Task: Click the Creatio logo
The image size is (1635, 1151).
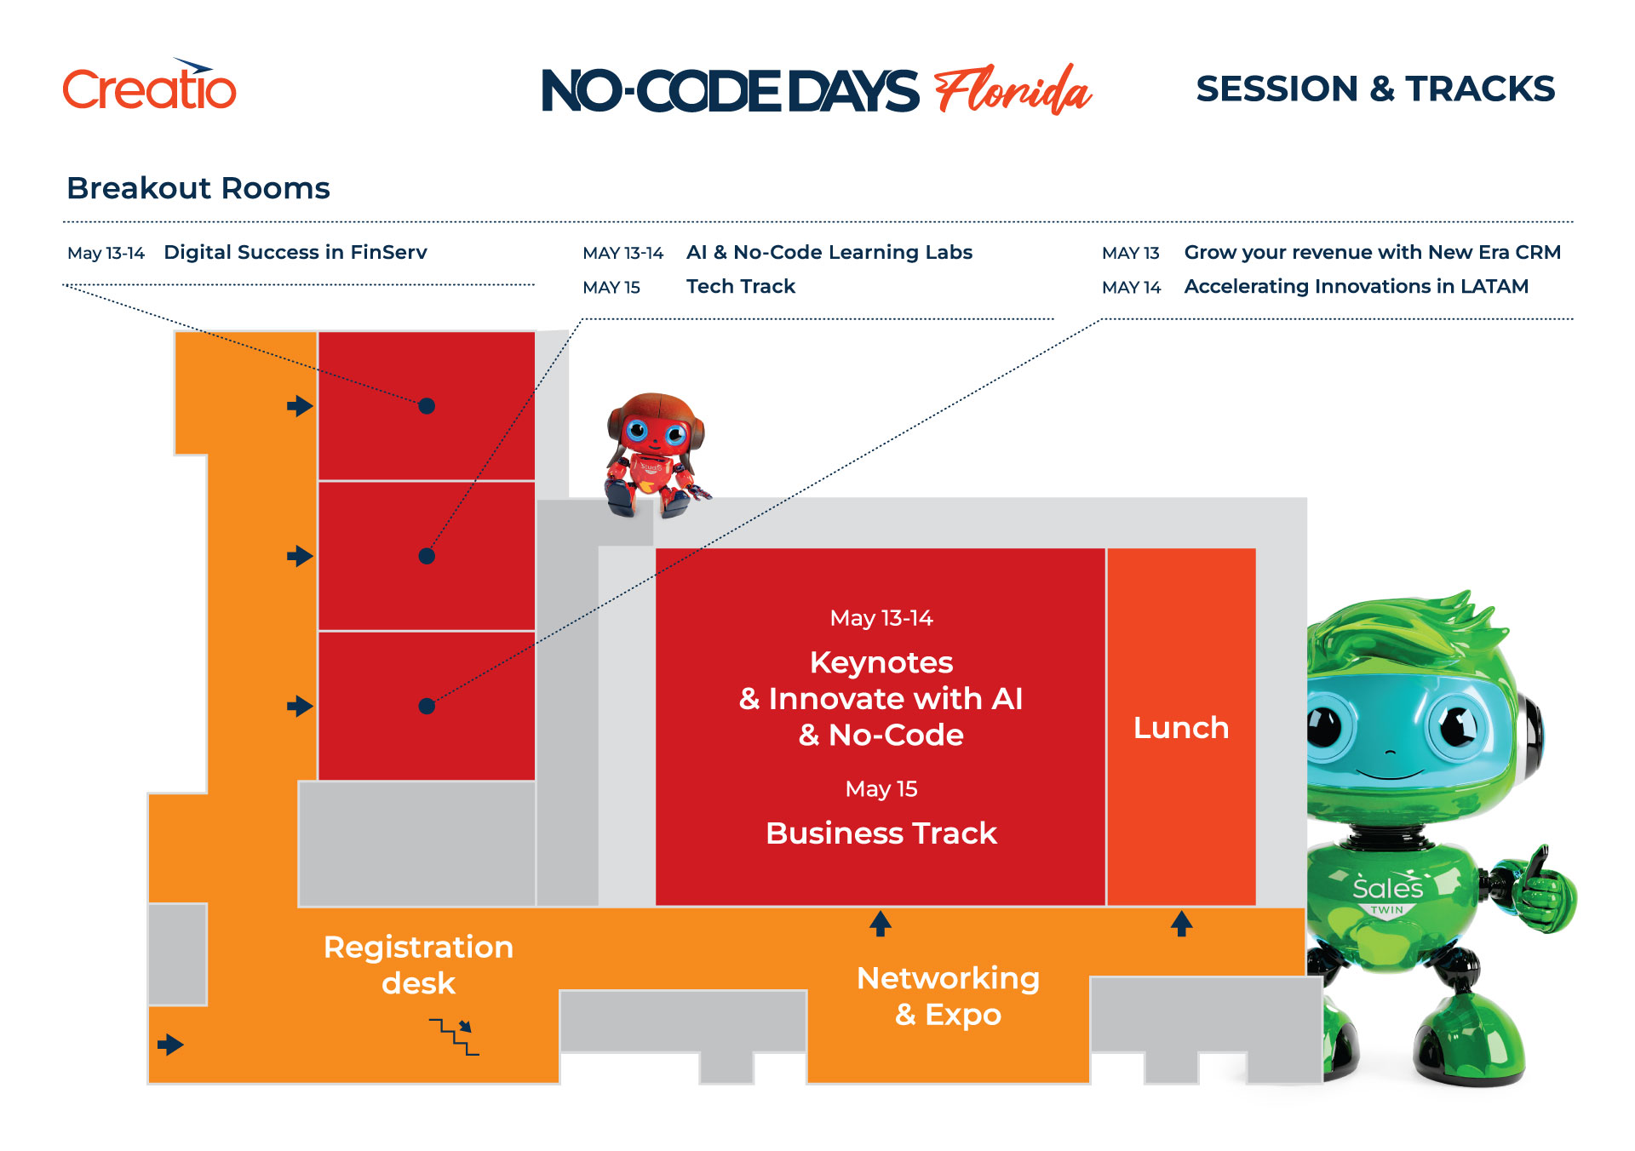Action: point(150,85)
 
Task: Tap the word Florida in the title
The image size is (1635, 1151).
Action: point(1013,89)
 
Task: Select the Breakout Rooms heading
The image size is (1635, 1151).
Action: point(198,188)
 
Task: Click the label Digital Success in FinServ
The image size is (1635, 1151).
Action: point(295,252)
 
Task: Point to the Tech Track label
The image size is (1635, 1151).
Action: point(741,286)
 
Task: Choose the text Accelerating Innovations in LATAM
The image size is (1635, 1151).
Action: point(1356,287)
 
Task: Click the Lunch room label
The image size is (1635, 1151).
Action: point(1181,728)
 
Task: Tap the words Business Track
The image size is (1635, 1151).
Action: point(881,833)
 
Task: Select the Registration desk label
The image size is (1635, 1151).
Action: point(418,965)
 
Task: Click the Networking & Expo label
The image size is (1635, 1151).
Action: point(948,996)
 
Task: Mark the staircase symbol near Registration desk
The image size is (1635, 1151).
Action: point(454,1037)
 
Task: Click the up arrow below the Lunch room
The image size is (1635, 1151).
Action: point(1181,924)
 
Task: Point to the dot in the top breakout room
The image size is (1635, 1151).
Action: point(427,406)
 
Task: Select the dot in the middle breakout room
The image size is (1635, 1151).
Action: point(427,556)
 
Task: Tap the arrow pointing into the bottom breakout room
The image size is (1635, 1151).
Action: point(300,706)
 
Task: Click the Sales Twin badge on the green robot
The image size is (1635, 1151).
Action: point(1388,894)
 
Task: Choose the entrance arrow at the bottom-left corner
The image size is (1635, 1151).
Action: point(170,1045)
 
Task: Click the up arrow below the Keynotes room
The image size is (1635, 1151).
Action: point(881,924)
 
